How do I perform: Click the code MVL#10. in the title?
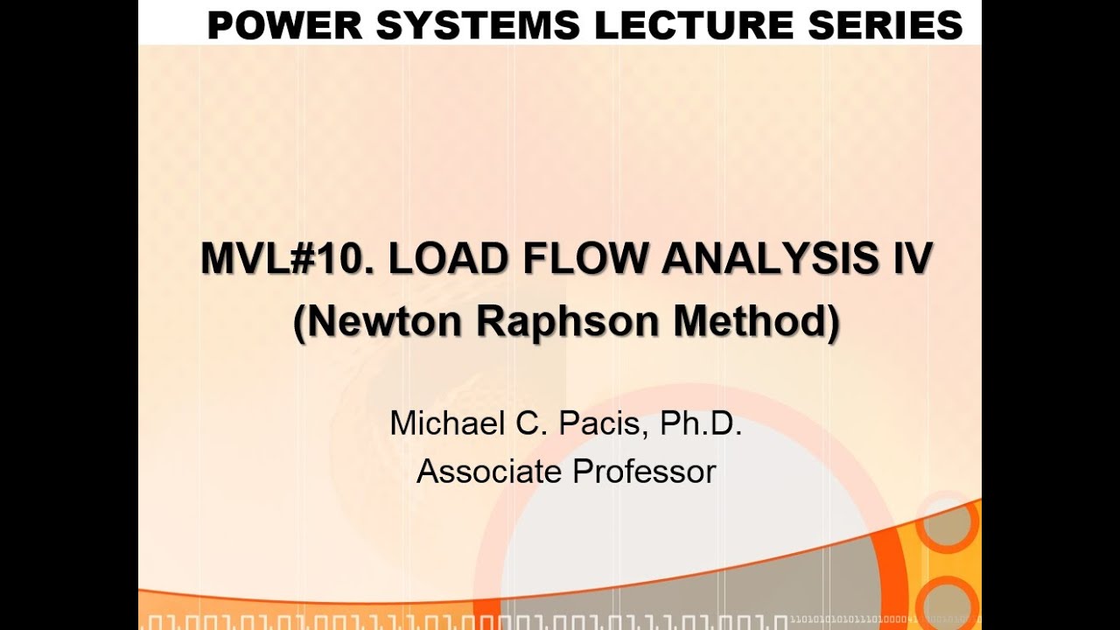coord(288,259)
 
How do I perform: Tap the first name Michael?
coord(444,423)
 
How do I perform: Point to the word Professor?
coord(644,472)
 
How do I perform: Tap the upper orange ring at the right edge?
coord(948,523)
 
